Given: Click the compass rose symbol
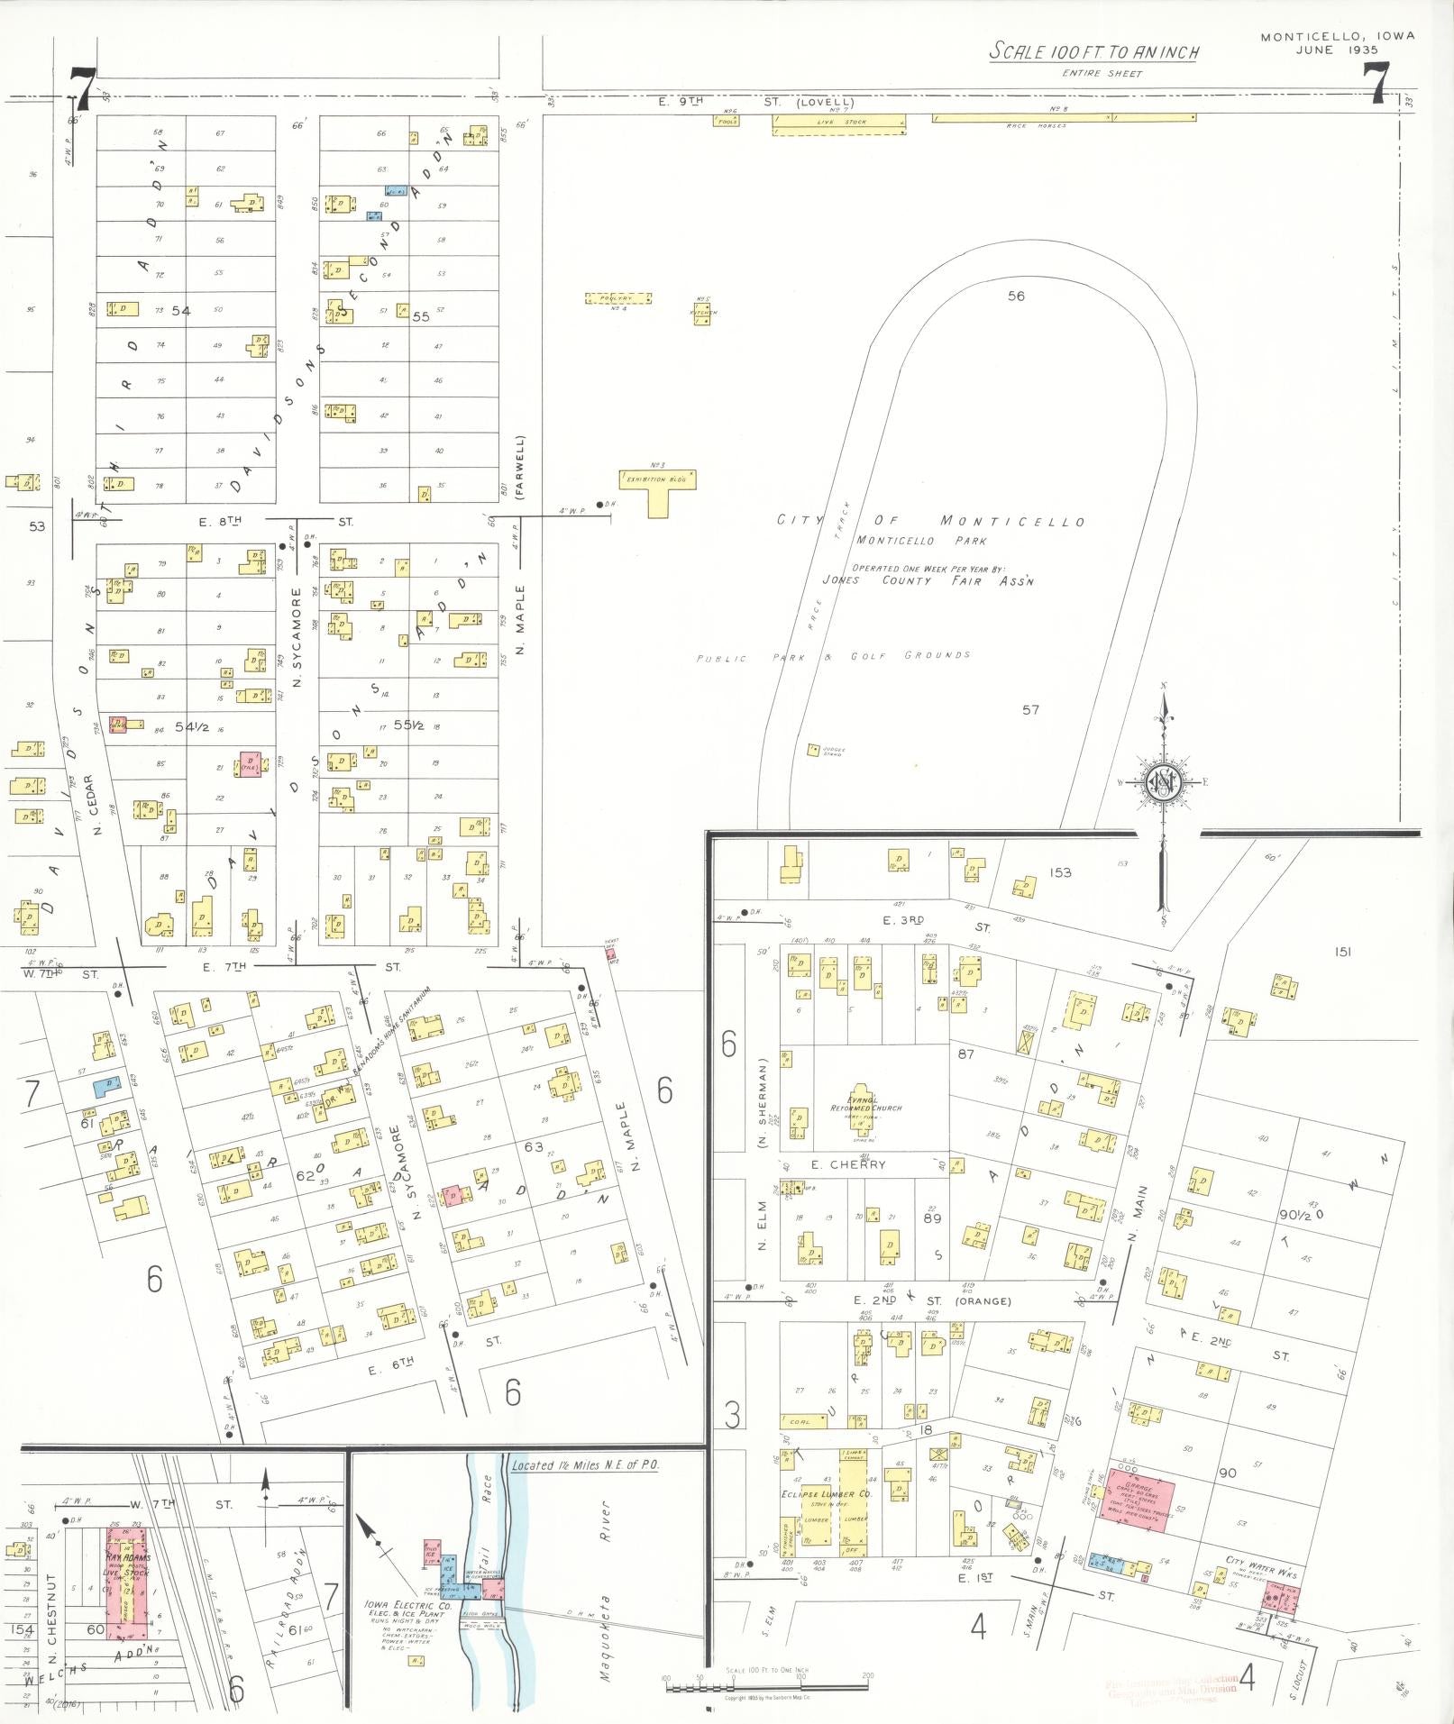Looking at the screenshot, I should click(x=1164, y=782).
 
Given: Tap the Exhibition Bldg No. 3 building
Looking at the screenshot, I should click(x=658, y=482).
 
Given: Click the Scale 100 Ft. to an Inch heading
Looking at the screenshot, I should click(x=1094, y=51).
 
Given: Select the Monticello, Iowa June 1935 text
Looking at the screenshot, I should click(x=1337, y=43).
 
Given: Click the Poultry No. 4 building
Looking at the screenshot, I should click(x=618, y=298).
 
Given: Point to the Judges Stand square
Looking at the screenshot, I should click(x=813, y=749).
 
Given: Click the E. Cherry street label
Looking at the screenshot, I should click(x=847, y=1164).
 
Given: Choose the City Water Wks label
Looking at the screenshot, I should click(x=1260, y=1560).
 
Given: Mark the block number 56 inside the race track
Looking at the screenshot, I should click(x=1016, y=296).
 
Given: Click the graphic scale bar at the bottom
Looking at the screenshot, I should click(x=766, y=1683).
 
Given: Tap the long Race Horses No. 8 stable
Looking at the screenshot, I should click(x=1063, y=117).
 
